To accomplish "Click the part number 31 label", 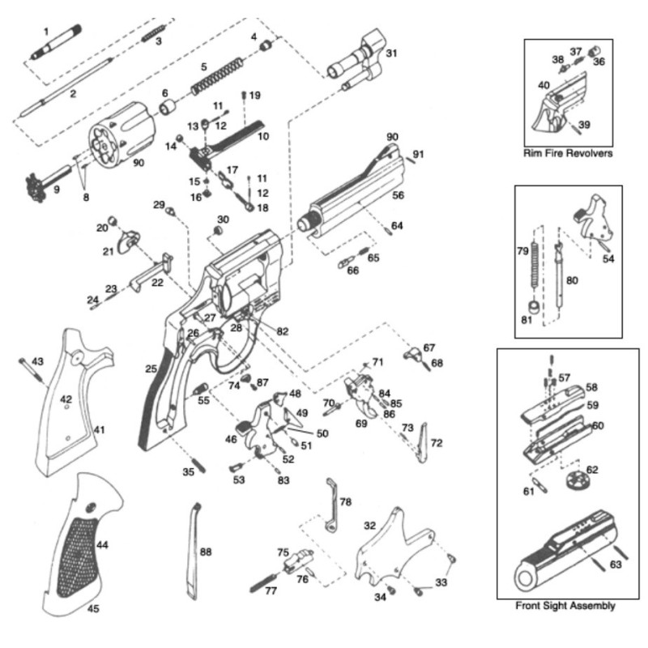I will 392,53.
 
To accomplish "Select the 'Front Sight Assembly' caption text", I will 565,605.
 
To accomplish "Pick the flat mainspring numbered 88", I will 194,551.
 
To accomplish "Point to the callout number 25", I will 151,369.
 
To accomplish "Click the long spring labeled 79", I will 534,259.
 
